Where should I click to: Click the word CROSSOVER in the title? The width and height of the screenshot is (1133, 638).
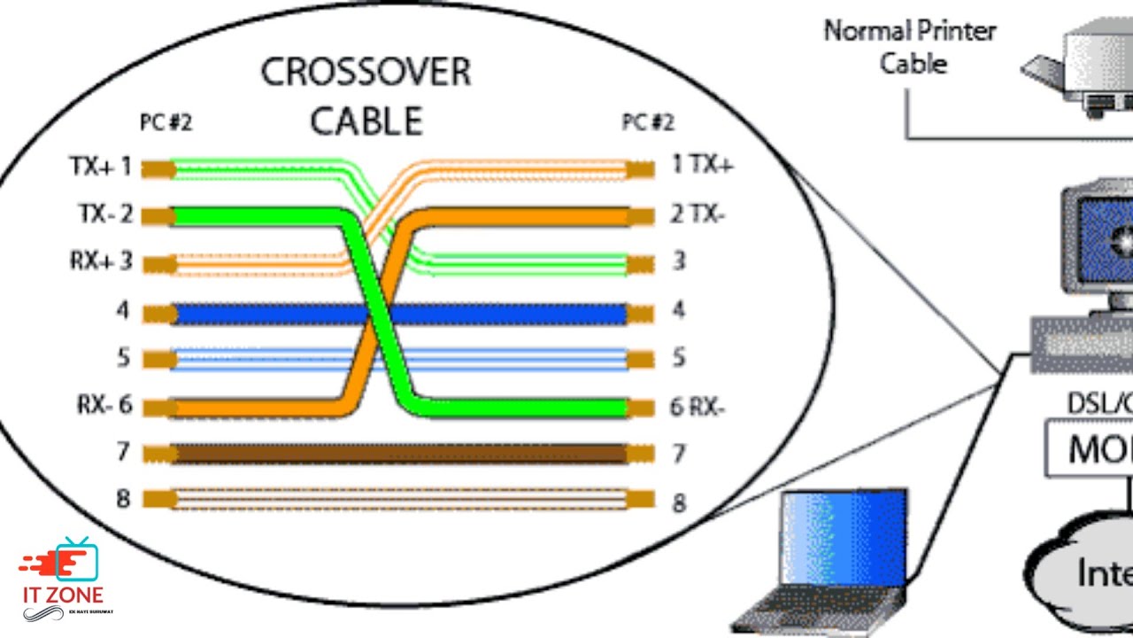pos(366,73)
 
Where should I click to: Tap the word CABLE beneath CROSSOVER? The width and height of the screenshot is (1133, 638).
pos(366,121)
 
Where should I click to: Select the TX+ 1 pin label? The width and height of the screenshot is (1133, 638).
pos(100,167)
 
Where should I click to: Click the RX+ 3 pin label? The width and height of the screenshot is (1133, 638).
pos(100,261)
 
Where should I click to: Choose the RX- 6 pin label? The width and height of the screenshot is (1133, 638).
pos(104,406)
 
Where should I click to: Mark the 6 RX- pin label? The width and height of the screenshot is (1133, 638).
pos(698,408)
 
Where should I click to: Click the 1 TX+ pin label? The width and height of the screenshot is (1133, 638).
pos(702,165)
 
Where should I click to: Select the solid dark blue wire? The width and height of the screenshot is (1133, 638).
pos(496,314)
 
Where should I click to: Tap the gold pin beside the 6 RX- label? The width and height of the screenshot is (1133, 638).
pos(640,408)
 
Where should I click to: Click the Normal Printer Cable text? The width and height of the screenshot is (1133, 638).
pos(910,47)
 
